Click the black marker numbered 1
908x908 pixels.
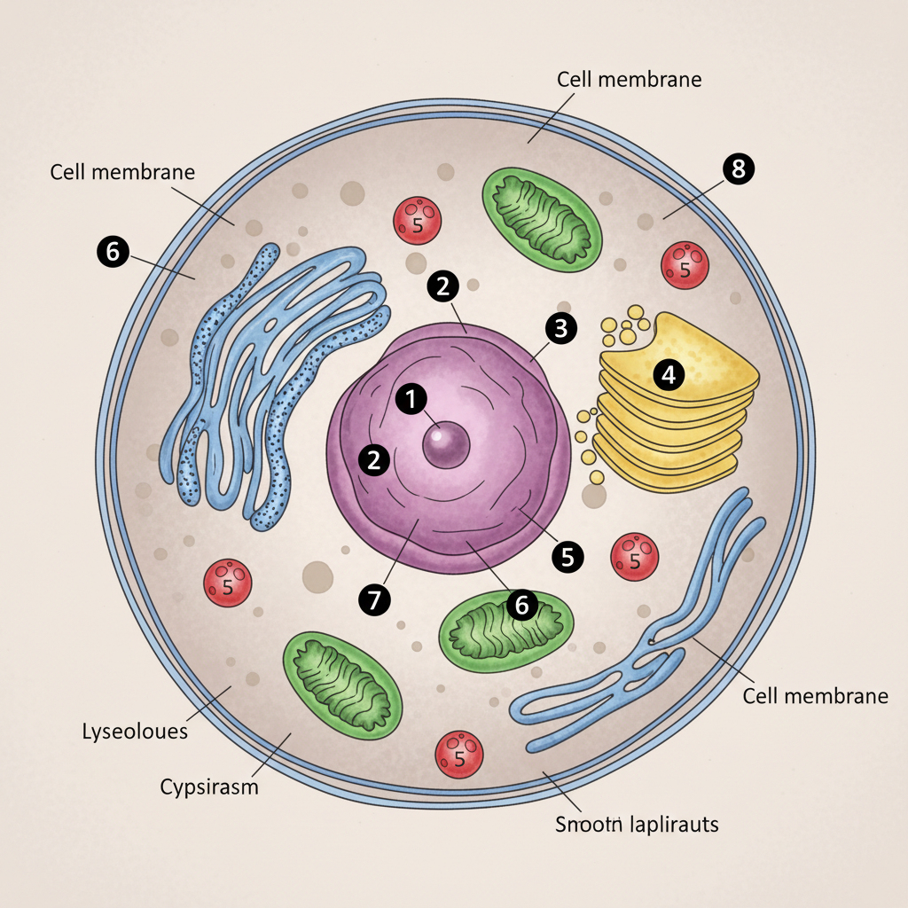(411, 399)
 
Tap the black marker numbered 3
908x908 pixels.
(560, 328)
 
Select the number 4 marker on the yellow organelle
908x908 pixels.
(669, 375)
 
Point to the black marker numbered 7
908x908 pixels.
(374, 600)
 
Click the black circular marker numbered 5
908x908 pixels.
(567, 556)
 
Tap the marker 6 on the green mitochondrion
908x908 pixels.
(521, 605)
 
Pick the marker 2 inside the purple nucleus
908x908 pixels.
(374, 459)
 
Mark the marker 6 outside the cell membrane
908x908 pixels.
(112, 252)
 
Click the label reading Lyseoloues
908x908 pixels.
(135, 732)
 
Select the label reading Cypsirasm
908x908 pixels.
(209, 787)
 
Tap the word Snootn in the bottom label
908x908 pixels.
(586, 824)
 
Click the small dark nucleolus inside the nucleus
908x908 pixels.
(446, 444)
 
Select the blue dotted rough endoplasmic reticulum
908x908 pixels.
(275, 381)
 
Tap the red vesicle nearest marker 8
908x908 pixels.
(685, 265)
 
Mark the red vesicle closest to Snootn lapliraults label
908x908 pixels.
(459, 755)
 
